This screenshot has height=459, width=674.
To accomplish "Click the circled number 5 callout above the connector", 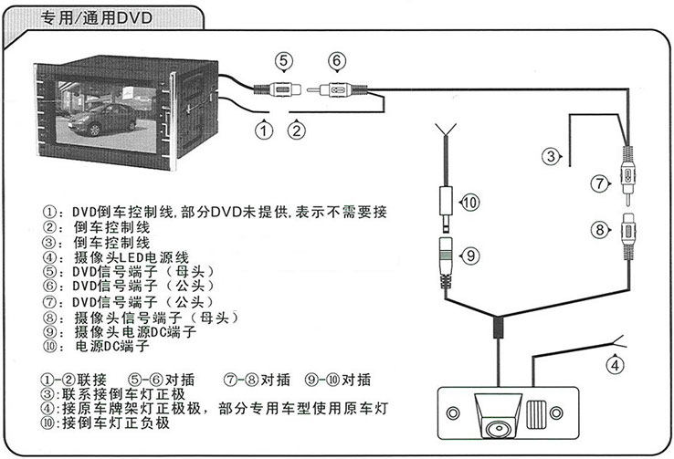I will [x=285, y=61].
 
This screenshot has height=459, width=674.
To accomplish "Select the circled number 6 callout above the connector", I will [x=337, y=61].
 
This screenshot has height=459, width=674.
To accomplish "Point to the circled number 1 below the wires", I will [x=265, y=130].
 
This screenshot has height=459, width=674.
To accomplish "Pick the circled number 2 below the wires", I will [x=295, y=130].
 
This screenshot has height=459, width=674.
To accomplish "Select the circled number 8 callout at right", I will [x=600, y=230].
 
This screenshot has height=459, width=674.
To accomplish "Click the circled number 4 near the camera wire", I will [x=617, y=367].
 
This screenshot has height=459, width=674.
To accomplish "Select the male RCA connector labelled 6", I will [x=336, y=90].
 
